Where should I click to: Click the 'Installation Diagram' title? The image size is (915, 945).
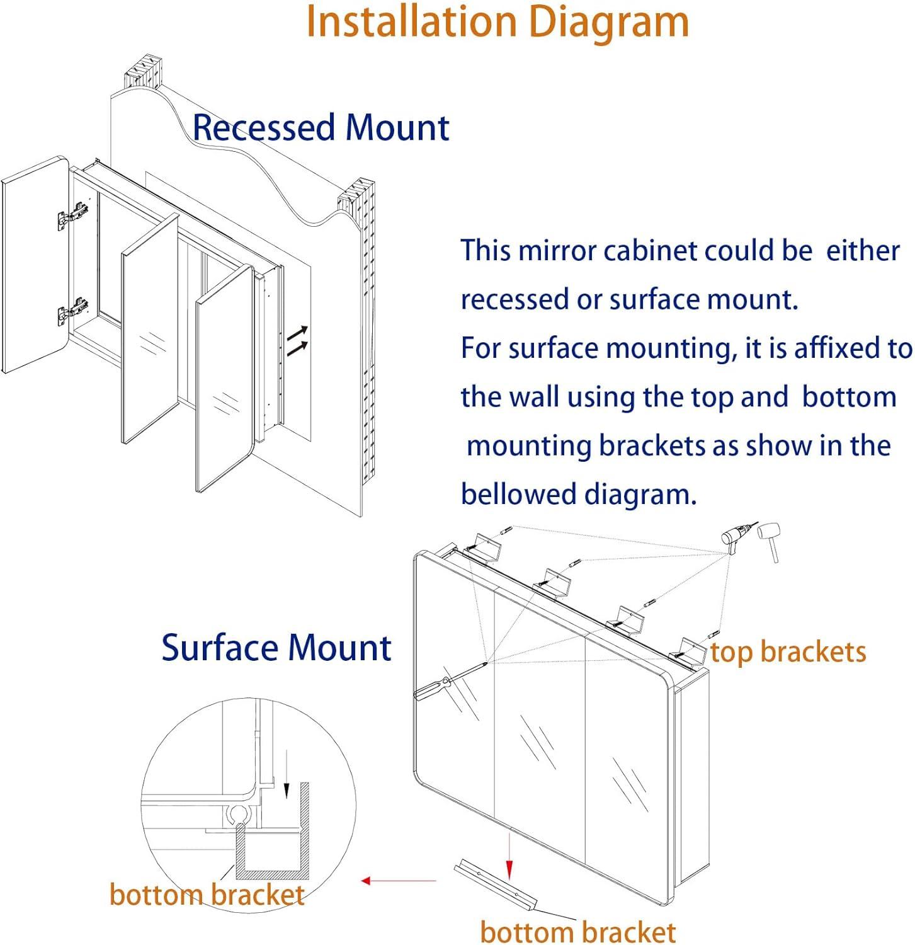[497, 23]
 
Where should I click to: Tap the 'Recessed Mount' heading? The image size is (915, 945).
[321, 127]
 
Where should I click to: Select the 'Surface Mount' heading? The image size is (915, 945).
[276, 648]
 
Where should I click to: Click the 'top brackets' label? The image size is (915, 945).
[788, 652]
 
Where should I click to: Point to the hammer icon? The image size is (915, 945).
[770, 539]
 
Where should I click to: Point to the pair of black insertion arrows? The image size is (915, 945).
[298, 340]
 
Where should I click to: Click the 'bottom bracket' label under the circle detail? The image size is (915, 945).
[207, 895]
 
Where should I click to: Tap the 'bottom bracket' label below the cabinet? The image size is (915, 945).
[578, 932]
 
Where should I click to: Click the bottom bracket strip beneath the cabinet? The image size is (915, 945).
[496, 885]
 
